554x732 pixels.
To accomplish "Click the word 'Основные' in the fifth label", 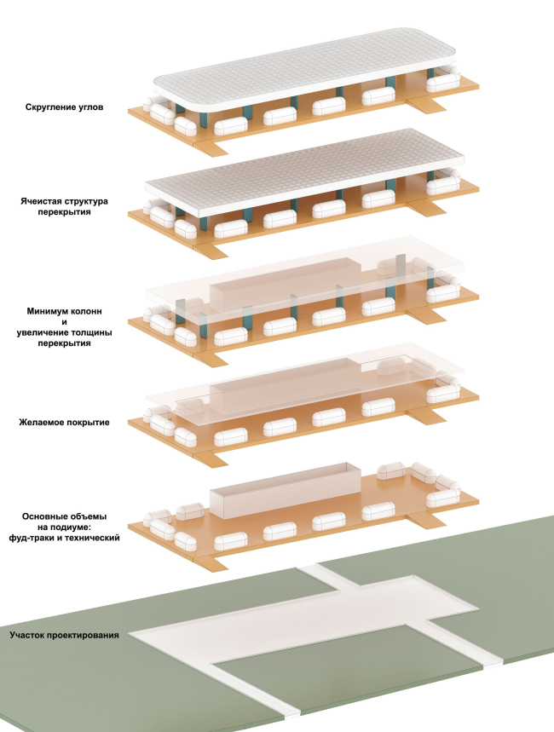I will [x=49, y=516].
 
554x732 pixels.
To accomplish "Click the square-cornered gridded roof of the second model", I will [x=307, y=175].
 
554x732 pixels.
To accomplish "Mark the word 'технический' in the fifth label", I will [x=91, y=539].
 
